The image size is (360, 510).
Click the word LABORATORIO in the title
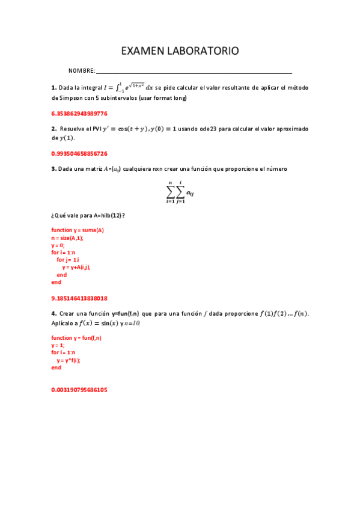[x=205, y=51]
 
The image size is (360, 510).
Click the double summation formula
[x=180, y=192]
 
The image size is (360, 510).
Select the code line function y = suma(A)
[x=78, y=230]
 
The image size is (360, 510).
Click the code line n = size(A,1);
[x=67, y=238]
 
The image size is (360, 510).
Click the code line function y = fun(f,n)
[x=76, y=338]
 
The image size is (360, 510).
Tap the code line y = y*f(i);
[x=69, y=360]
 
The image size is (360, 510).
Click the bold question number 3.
[x=53, y=169]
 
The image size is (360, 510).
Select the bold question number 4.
[x=53, y=313]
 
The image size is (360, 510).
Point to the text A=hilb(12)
[x=108, y=215]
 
